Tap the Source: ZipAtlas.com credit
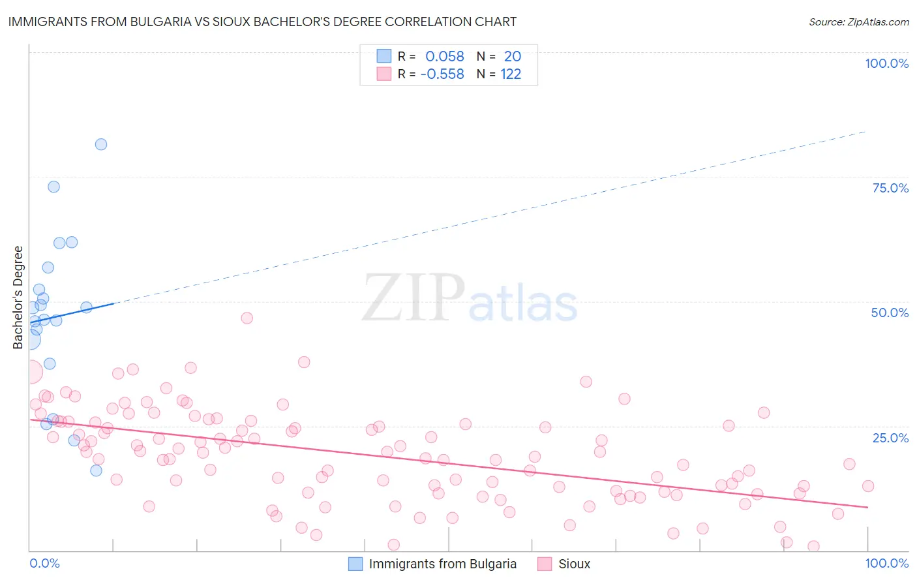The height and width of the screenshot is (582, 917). (x=858, y=22)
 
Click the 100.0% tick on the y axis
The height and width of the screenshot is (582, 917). (x=886, y=63)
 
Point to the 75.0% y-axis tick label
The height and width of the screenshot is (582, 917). (x=890, y=188)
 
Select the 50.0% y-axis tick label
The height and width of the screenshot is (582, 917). (x=890, y=313)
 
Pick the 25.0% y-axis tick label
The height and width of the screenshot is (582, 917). (x=890, y=438)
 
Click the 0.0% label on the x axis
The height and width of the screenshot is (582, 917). (x=44, y=563)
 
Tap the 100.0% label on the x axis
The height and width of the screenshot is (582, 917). (x=886, y=563)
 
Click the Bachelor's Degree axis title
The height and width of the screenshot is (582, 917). (x=18, y=298)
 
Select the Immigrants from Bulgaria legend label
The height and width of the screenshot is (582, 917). (x=442, y=564)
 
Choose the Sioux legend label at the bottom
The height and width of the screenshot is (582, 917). (x=574, y=564)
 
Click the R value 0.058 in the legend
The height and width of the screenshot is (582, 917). (x=445, y=57)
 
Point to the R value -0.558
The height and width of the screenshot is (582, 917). (x=442, y=74)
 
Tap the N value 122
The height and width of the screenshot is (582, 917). (x=511, y=74)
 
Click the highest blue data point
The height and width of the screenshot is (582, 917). (x=101, y=144)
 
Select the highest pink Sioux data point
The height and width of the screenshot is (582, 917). (x=247, y=318)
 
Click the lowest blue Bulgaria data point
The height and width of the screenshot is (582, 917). (x=96, y=470)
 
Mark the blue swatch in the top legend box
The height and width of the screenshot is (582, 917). (x=383, y=57)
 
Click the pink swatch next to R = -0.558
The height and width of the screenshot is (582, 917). (x=383, y=74)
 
